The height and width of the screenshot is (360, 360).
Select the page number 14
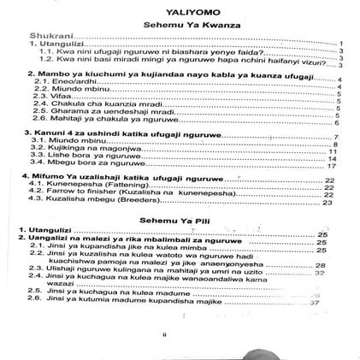[x=334, y=158]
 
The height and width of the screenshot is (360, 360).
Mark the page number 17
[x=333, y=166]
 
